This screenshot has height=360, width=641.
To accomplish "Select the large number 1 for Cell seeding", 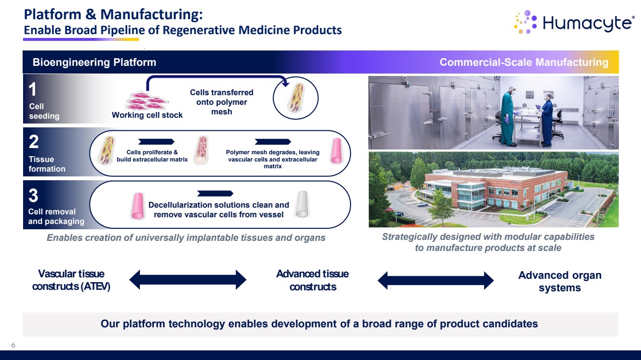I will tap(32, 89).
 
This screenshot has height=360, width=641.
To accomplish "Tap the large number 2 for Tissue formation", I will tap(33, 142).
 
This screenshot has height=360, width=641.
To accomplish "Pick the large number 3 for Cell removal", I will tap(33, 196).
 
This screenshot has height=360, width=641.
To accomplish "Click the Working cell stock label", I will tap(147, 115).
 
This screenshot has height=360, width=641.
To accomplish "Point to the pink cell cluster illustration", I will tap(147, 100).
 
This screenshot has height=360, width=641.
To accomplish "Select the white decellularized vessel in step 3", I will tap(301, 204).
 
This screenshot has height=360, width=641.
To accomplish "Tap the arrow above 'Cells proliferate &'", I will tap(155, 141).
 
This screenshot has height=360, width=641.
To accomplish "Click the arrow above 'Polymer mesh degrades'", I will tap(273, 141).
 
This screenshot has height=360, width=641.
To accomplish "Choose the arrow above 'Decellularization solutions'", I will tap(215, 194).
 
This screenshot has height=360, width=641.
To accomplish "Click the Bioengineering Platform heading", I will tap(94, 62).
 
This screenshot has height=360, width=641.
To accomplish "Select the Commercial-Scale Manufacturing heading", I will tap(524, 62).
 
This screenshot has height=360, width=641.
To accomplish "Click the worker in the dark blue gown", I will tap(547, 118).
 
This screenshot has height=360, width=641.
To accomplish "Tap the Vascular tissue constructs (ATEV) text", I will tap(71, 280).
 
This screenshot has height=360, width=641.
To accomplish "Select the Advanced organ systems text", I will tap(560, 282).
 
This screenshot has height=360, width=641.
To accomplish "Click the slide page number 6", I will tap(13, 345).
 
